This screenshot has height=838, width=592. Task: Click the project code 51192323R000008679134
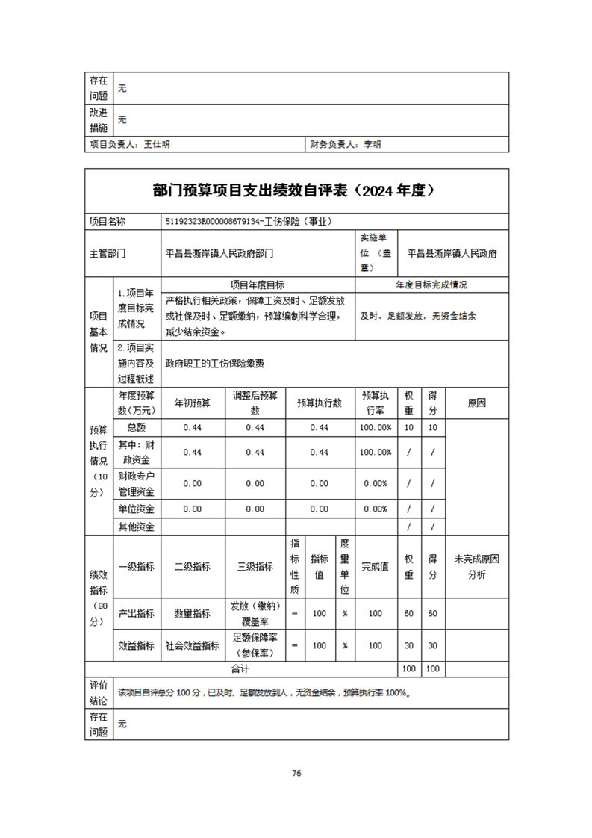pos(208,221)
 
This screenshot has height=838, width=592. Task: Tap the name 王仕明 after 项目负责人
pos(158,145)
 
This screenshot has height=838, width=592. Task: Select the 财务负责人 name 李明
pos(372,145)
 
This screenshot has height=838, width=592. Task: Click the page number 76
pos(296,773)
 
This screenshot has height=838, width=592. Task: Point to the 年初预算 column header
pos(193,403)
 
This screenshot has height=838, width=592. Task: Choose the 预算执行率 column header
pos(376,403)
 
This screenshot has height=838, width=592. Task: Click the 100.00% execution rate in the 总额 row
pos(376,427)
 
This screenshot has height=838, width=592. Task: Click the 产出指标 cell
pos(136,613)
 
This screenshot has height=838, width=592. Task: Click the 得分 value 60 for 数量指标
pos(432,613)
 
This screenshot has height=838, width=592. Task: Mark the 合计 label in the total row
pos(240,668)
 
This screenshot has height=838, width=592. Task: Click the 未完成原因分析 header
pos(476,567)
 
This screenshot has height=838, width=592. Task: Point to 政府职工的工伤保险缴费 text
pos(215,364)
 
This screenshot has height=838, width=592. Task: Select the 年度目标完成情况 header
pos(431,285)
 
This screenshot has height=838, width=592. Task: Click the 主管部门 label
pos(108,253)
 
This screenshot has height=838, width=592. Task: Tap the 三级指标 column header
pos(255,567)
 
